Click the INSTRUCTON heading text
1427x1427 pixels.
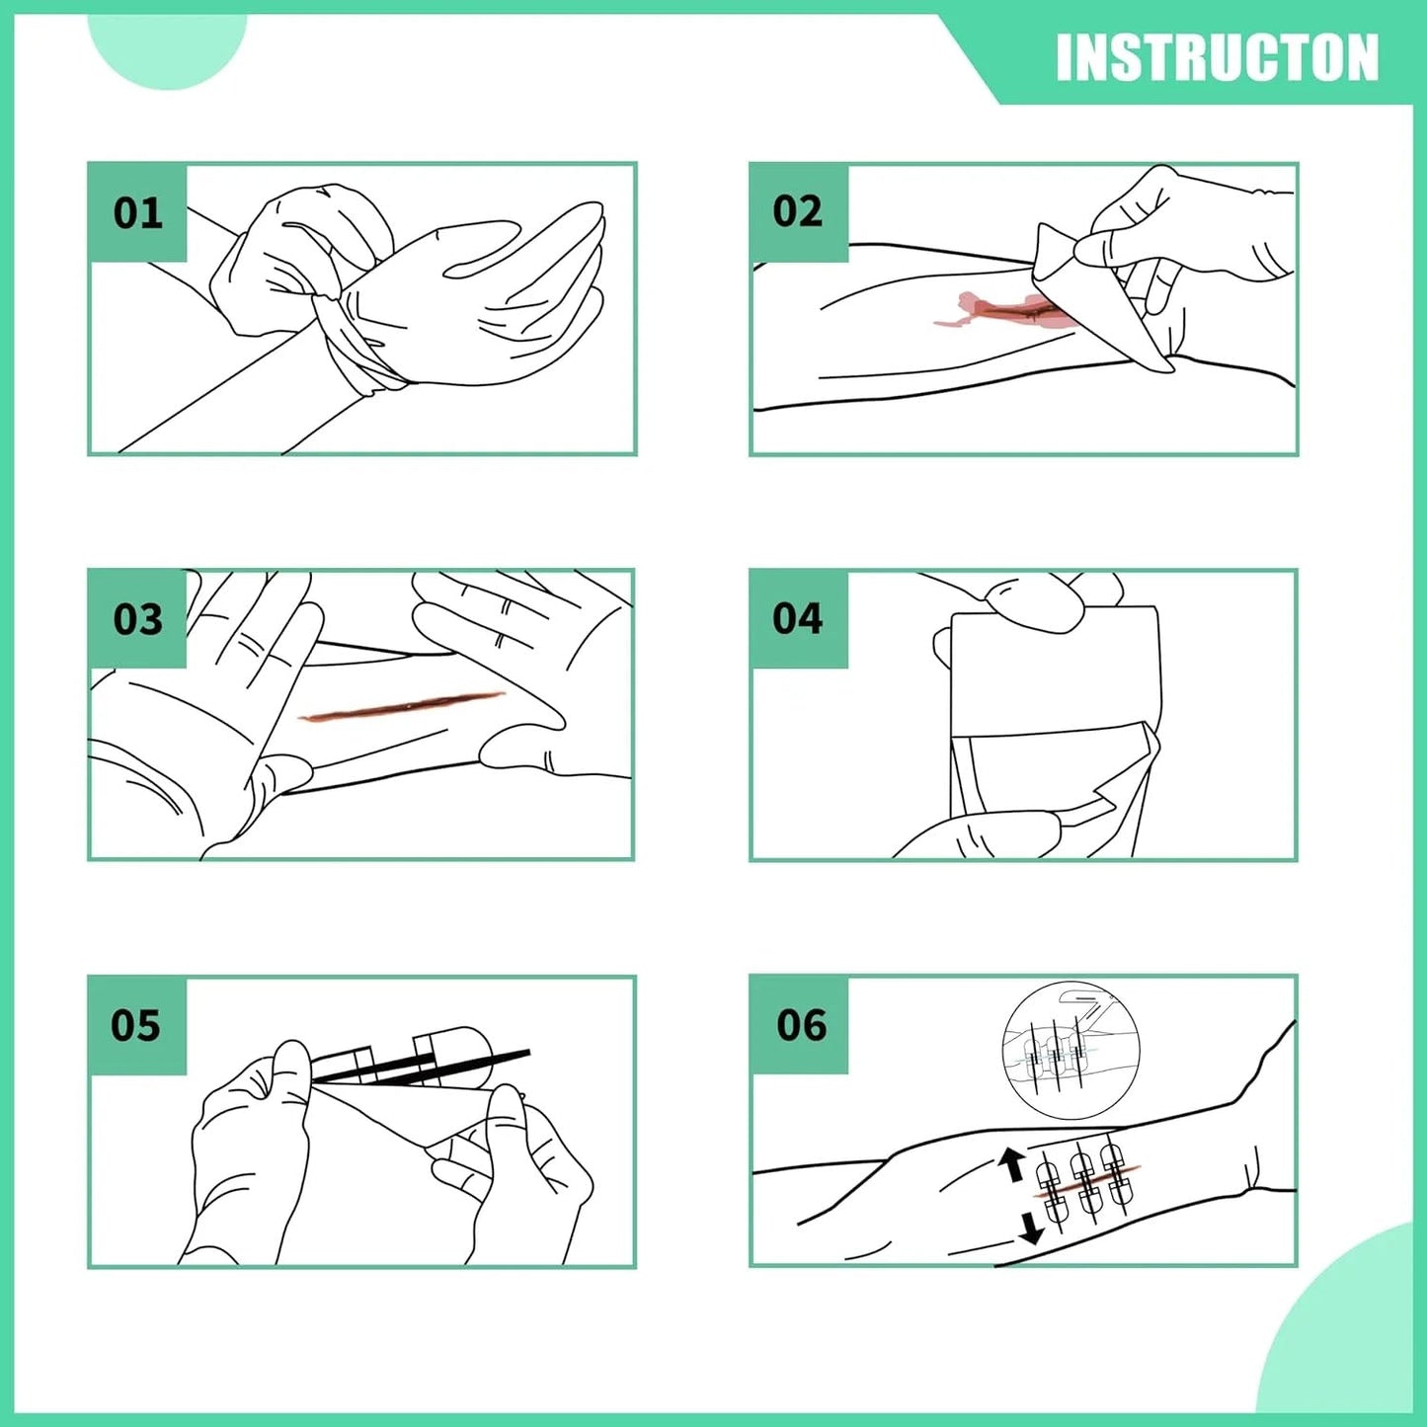pos(1217,57)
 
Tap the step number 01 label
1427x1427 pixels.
pos(137,212)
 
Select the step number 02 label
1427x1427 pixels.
pos(797,211)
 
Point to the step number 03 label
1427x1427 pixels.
pos(137,619)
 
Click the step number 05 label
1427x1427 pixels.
pos(135,1026)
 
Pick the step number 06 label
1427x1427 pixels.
pos(801,1026)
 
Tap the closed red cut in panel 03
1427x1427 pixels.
pos(401,704)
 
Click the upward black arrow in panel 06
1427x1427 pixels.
pos(1012,1165)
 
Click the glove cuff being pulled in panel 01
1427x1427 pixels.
pos(356,337)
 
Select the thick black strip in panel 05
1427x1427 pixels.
pos(422,1066)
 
